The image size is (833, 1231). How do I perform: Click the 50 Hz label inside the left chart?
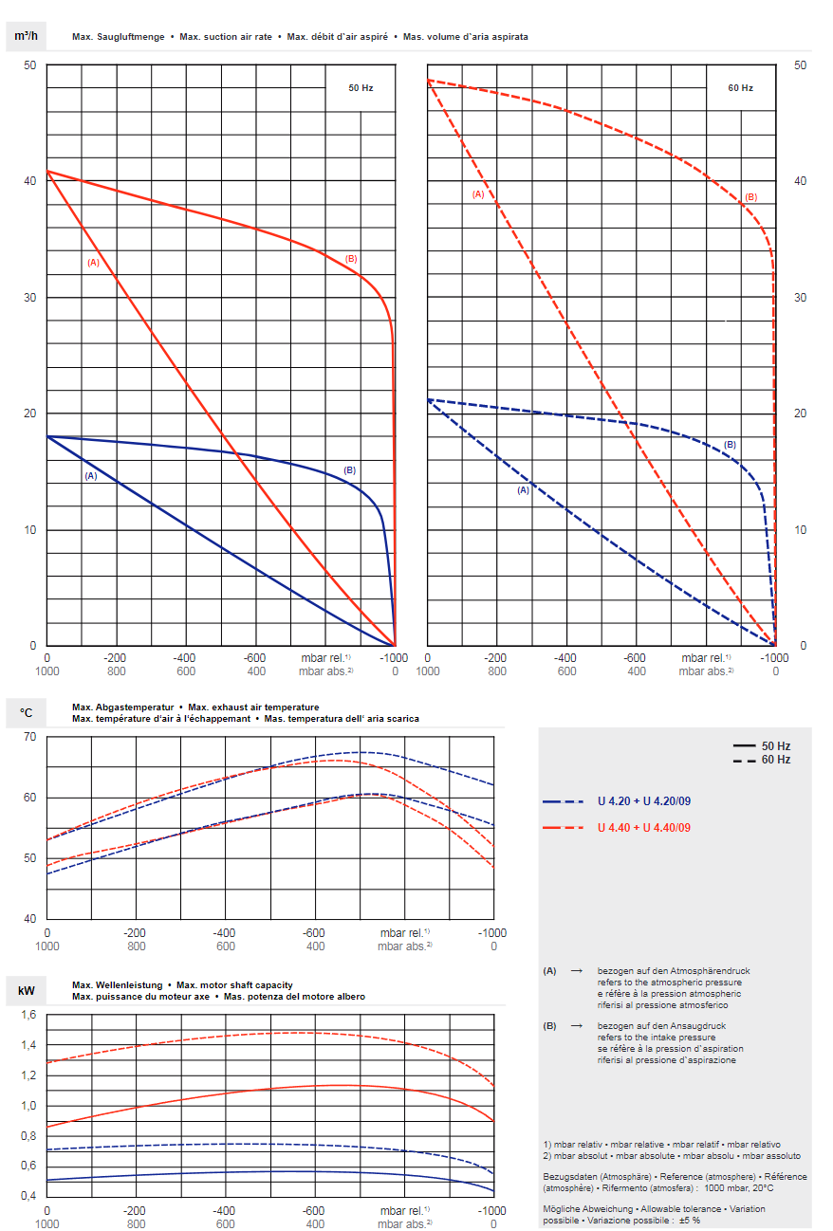[361, 87]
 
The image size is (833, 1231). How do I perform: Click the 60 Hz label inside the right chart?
[740, 87]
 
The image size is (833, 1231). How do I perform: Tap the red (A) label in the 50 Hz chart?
[93, 262]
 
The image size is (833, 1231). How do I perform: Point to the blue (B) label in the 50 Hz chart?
[349, 470]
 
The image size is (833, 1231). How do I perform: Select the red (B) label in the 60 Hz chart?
[750, 197]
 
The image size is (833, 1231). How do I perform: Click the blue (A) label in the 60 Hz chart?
[522, 490]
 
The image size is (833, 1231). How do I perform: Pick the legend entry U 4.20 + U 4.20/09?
[643, 801]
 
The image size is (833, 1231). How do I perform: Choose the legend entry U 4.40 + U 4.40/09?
[643, 828]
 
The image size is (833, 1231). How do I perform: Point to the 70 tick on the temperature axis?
[28, 737]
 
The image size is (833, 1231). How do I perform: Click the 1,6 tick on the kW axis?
[28, 1015]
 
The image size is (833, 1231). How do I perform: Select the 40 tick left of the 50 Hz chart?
[28, 180]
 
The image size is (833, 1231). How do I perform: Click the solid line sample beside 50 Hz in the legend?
[743, 746]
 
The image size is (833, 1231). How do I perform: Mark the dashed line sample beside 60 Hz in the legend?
[743, 760]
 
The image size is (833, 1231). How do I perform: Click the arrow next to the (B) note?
[575, 1026]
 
